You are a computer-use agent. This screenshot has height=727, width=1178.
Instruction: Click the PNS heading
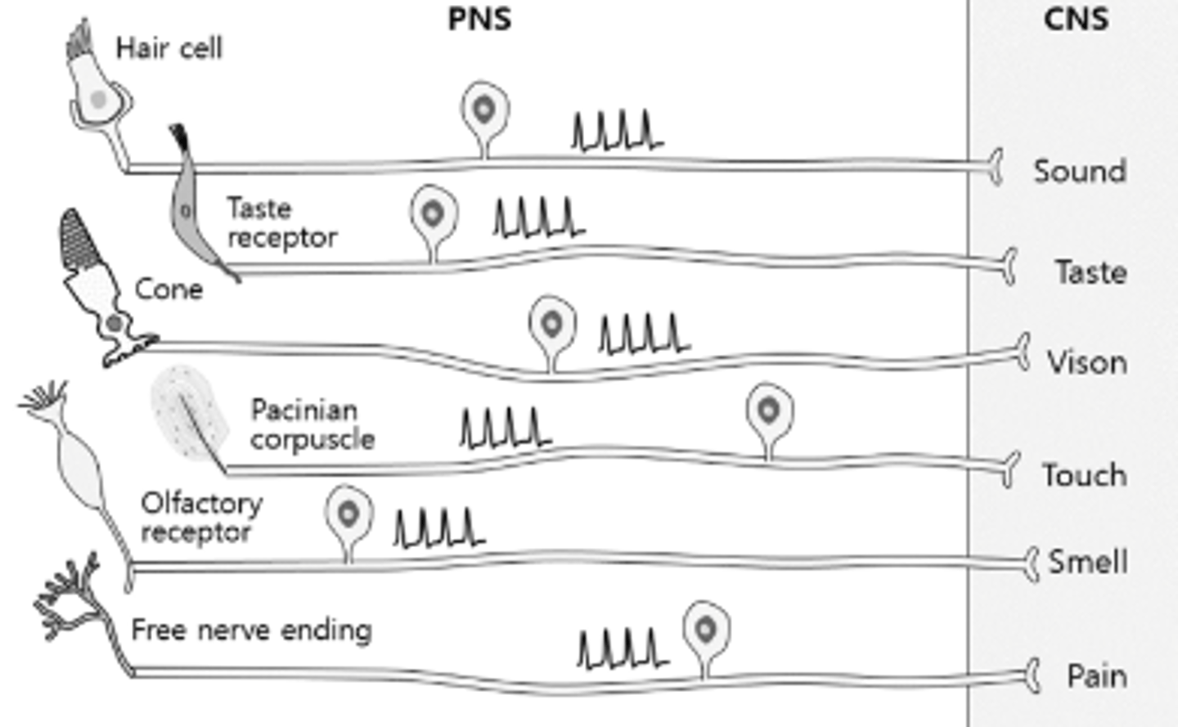click(x=479, y=19)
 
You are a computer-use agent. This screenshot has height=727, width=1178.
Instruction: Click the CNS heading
click(x=1076, y=19)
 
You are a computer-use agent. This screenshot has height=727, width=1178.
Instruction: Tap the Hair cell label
click(x=169, y=48)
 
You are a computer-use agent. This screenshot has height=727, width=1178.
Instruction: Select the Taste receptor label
click(x=281, y=222)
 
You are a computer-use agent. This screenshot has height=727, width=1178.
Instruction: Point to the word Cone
click(x=169, y=289)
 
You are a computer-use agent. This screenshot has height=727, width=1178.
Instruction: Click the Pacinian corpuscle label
click(x=312, y=424)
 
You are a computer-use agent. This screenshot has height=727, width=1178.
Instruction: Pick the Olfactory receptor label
click(x=201, y=517)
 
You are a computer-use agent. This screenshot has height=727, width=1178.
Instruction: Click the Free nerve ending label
click(x=251, y=630)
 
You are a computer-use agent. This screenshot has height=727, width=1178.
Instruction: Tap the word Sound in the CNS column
click(x=1080, y=172)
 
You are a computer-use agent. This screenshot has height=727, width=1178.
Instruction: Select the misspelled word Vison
click(x=1087, y=362)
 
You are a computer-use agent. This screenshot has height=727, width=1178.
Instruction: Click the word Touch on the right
click(x=1084, y=475)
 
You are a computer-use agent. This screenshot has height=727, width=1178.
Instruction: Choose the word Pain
click(x=1097, y=676)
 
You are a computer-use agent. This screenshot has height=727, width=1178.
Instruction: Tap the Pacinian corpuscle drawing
click(x=190, y=413)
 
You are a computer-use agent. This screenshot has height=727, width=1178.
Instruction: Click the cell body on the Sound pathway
click(x=484, y=110)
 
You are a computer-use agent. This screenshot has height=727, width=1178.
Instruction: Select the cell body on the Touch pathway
click(x=769, y=411)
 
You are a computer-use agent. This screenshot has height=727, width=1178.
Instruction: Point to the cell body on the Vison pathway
click(x=552, y=325)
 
